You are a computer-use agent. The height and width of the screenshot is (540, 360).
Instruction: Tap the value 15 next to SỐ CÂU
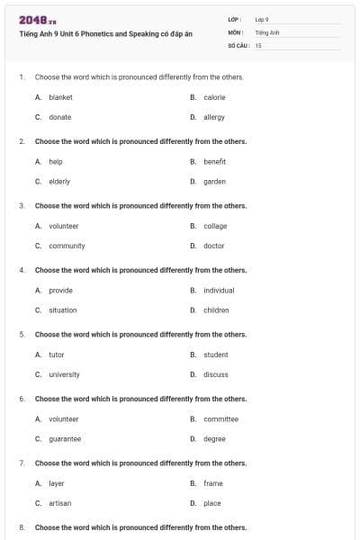[x=258, y=44]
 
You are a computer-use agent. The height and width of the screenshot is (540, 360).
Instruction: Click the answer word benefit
[x=214, y=161]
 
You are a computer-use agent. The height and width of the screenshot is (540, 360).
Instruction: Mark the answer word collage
[x=215, y=226]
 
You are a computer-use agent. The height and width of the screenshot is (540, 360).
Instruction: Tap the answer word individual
[x=219, y=290]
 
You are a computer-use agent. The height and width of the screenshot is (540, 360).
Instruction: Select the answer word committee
[x=220, y=418]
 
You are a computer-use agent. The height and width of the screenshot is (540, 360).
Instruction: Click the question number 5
[x=22, y=334]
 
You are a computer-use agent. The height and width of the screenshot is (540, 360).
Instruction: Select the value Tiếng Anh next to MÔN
[x=268, y=31]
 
